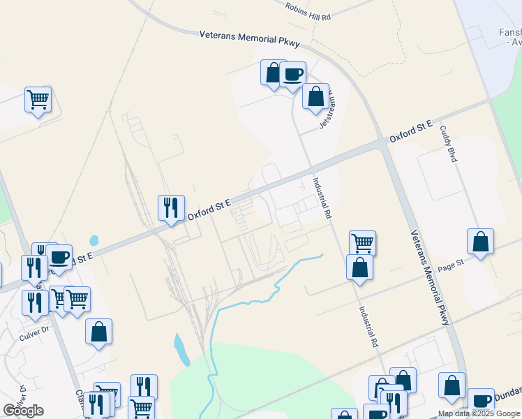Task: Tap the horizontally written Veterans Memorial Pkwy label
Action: [x=249, y=38]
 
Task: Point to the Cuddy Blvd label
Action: [x=449, y=145]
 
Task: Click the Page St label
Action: [x=451, y=265]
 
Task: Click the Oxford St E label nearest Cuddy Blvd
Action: [x=411, y=131]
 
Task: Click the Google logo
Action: [x=23, y=411]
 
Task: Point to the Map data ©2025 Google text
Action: [x=478, y=413]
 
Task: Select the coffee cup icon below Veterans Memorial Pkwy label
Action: [x=293, y=74]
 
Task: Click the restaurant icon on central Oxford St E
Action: [x=171, y=207]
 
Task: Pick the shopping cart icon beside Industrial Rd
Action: [x=362, y=243]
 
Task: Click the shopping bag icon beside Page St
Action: [x=480, y=242]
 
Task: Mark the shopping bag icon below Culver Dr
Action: [x=98, y=332]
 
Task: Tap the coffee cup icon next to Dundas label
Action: [x=481, y=401]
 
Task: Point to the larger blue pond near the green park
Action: [x=181, y=348]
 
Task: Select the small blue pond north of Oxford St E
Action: [x=94, y=240]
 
